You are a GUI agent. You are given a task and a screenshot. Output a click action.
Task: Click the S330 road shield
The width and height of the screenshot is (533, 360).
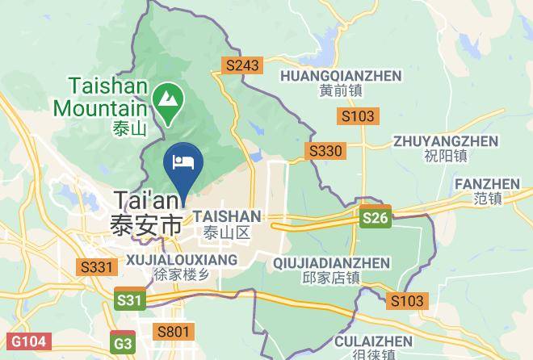tap(326, 150)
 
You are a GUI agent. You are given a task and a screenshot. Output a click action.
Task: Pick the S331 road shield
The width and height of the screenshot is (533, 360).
tap(95, 266)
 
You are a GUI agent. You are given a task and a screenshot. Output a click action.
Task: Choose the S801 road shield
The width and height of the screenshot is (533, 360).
tap(174, 331)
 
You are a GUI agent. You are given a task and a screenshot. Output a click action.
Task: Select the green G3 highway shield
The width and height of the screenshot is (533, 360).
tap(123, 343)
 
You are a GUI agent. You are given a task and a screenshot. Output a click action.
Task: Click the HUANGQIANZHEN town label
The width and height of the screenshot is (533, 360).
tap(340, 76)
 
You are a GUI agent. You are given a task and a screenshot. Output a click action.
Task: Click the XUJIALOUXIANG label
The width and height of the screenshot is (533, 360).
tap(182, 259)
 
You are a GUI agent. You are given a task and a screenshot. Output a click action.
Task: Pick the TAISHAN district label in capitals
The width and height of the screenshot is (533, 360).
tap(228, 216)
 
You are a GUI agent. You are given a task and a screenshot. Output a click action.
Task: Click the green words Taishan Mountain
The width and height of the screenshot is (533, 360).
tap(100, 96)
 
